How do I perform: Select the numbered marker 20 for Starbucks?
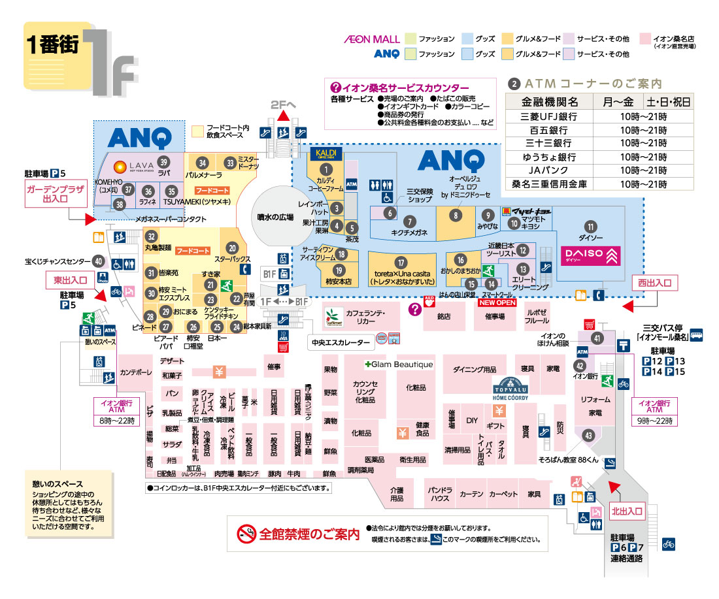point(232,248)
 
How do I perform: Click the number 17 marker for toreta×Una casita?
point(401,262)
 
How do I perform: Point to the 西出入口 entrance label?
point(654,283)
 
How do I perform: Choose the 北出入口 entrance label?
point(626,511)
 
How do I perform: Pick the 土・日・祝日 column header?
point(668,102)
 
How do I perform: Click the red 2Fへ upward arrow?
point(283,116)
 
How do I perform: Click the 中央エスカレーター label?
point(340,342)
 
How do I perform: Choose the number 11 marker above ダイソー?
point(591,227)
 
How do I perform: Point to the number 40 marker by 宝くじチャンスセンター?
point(99,261)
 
